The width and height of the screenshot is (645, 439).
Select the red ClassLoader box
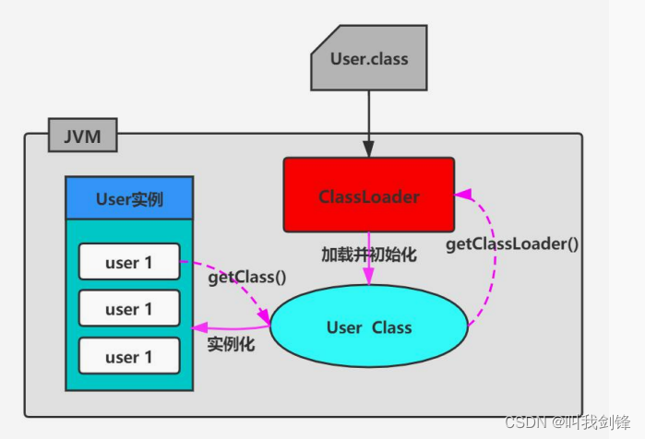tap(368, 195)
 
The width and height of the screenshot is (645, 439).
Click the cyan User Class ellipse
tap(369, 326)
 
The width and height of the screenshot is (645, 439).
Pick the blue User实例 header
tap(129, 197)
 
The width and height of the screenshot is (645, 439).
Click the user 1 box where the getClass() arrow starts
tap(128, 262)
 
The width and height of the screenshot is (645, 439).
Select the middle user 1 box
tap(128, 309)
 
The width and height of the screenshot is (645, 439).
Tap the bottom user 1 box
tap(128, 357)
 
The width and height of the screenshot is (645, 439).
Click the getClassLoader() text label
tap(512, 244)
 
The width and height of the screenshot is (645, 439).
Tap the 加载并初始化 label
tap(369, 255)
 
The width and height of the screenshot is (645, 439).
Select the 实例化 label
tap(232, 346)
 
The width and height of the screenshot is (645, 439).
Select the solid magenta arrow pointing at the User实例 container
tap(231, 327)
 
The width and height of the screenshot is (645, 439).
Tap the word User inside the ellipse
tap(343, 327)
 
